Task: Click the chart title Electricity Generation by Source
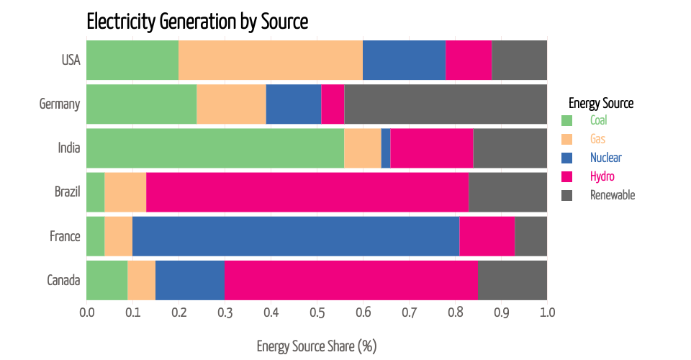point(197,22)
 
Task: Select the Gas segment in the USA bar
point(271,60)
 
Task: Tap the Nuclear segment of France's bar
point(296,236)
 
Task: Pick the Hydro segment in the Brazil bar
point(307,192)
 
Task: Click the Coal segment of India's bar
point(215,148)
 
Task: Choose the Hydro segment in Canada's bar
point(351,280)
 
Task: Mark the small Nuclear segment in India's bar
point(386,148)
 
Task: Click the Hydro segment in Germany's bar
point(333,104)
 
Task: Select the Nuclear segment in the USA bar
point(405,60)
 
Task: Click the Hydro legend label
point(602,176)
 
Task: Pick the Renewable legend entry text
point(613,195)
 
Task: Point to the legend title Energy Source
point(601,103)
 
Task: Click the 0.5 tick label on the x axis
point(317,313)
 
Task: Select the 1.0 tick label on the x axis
point(547,313)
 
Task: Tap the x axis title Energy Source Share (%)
point(317,346)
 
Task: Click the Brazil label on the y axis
point(67,192)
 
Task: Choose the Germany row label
point(59,104)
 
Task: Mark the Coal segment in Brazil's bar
point(96,192)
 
